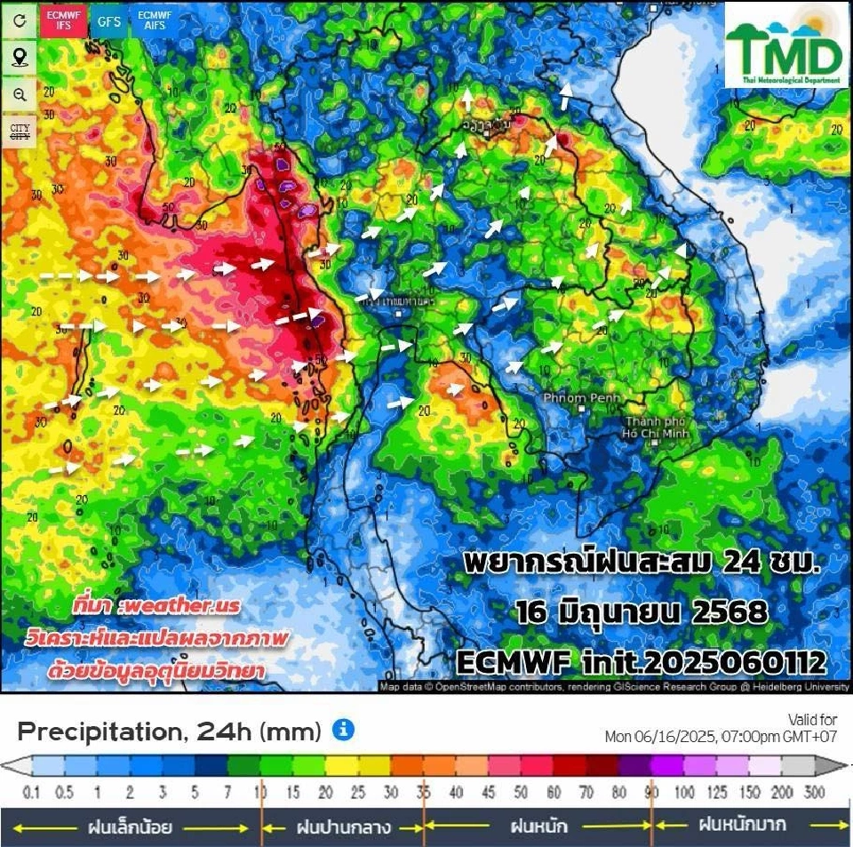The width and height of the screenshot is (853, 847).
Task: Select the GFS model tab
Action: pos(109,20)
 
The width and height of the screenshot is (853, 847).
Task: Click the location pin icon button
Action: pos(20,58)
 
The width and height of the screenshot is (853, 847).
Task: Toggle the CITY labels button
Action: pos(20,132)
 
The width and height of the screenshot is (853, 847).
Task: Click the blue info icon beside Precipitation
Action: pos(343,731)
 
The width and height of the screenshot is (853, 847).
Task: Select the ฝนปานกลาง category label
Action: pos(342,827)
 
